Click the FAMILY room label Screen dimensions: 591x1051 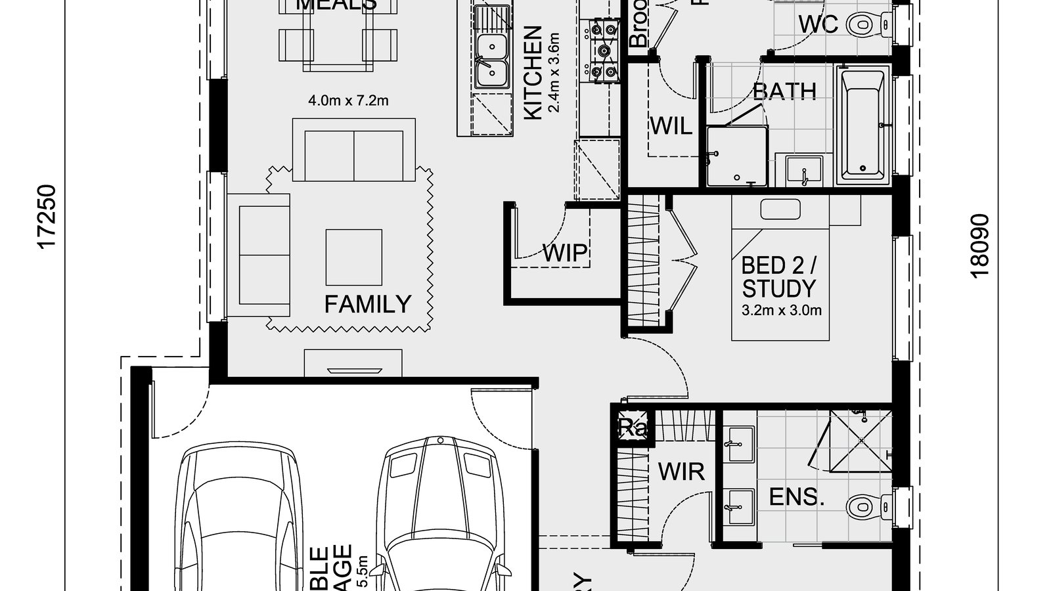click(x=368, y=304)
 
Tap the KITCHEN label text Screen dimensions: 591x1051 click(x=533, y=73)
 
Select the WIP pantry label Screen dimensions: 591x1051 click(x=565, y=253)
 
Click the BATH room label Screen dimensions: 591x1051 click(x=784, y=91)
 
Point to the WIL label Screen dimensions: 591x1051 click(x=671, y=125)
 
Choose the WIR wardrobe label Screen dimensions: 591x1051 click(x=681, y=471)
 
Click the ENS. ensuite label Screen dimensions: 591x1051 click(x=797, y=497)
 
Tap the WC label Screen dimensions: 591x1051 click(x=818, y=24)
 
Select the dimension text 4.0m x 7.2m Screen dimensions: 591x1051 click(x=348, y=100)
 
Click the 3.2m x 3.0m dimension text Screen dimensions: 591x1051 click(x=781, y=311)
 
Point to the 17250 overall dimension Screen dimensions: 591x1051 click(x=47, y=217)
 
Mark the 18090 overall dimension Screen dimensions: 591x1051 click(x=979, y=246)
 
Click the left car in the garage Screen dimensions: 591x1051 click(x=243, y=519)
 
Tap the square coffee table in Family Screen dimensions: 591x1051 click(x=353, y=257)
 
